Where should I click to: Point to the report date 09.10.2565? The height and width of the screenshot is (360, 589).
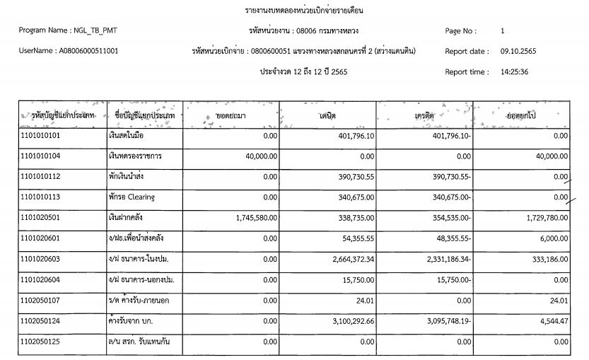[521, 51]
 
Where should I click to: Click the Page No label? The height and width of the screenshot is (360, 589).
[461, 31]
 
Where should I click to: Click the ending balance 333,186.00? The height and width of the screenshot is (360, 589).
[546, 260]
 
